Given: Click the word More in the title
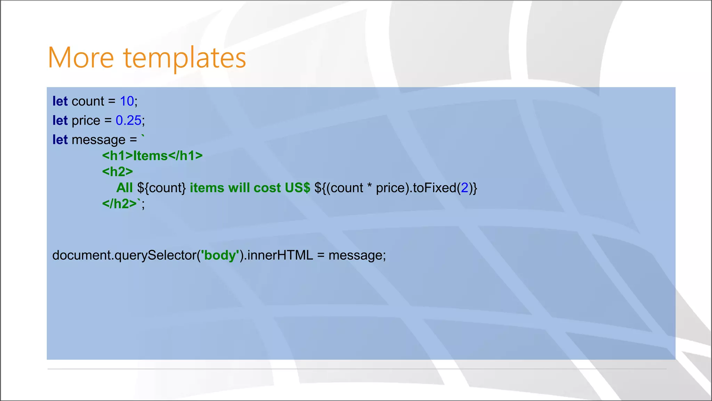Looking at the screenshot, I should pos(81,57).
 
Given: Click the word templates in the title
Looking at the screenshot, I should pos(185,57).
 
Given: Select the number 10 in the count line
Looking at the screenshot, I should pos(127,101).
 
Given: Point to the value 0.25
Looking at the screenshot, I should pos(128,120).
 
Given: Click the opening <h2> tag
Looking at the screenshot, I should pos(118,172).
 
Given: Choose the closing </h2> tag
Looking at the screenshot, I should pos(119,204).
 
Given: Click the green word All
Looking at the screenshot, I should pos(124,188).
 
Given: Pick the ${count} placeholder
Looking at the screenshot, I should pos(162,188).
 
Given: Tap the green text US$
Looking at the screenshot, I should pos(297,188).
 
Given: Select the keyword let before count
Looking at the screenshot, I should pos(60,101).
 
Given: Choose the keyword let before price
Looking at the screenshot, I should pos(60,120).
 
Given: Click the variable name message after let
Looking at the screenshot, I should pos(98,140).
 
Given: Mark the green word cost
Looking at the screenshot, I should pos(267,188).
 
